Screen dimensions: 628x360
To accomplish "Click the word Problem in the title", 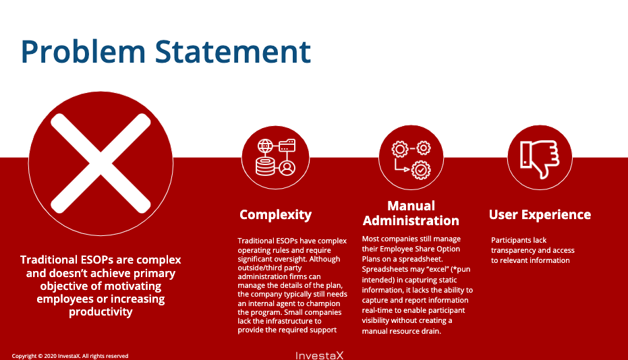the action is coord(83,53).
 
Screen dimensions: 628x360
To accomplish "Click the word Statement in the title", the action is coord(233,51).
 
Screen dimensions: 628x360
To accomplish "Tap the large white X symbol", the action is coord(101,163).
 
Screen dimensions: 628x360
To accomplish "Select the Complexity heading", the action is coord(275,215).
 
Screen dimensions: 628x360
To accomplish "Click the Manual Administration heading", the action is coord(411,213).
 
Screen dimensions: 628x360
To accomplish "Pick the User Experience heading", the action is coord(540,214).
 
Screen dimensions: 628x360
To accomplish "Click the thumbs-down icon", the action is coord(540,159).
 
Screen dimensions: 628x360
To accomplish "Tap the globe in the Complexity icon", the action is coord(265,146).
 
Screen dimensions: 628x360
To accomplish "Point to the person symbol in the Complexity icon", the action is coord(287,168).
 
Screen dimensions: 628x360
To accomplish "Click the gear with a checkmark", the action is coord(421,170).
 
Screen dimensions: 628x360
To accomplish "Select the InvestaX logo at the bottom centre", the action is coord(319,355).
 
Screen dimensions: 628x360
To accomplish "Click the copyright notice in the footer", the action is coord(70,356).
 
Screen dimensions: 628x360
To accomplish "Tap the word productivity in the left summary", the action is coord(101,311).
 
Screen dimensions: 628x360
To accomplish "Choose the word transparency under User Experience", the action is coord(513,250).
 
